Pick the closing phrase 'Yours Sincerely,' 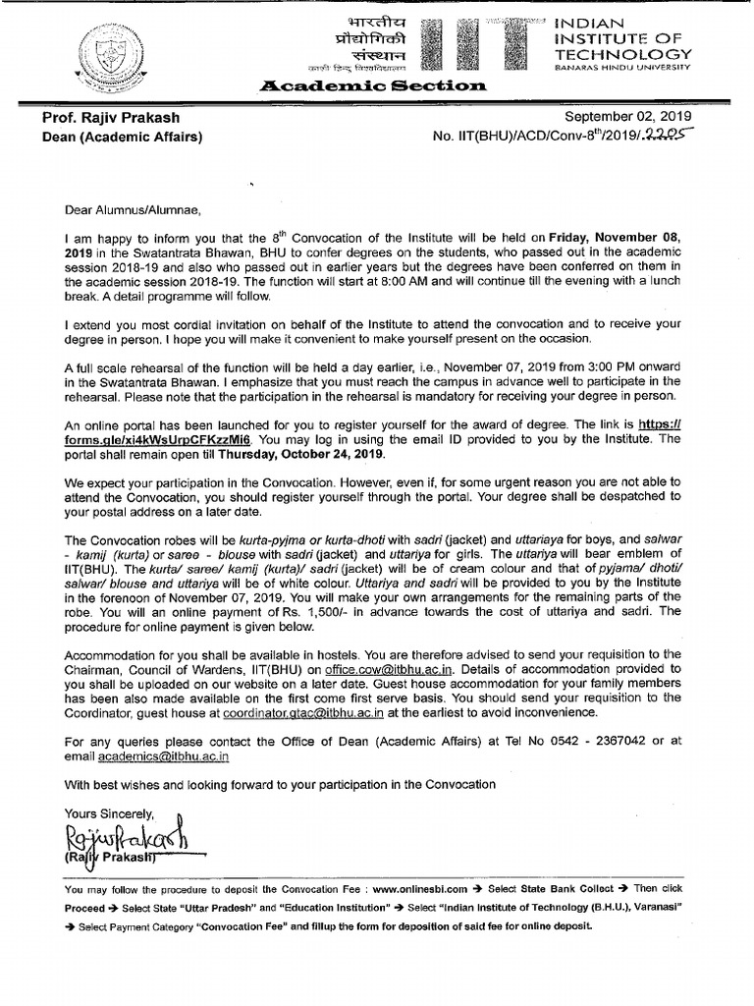(x=109, y=813)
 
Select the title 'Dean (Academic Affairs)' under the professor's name (x=122, y=137)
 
